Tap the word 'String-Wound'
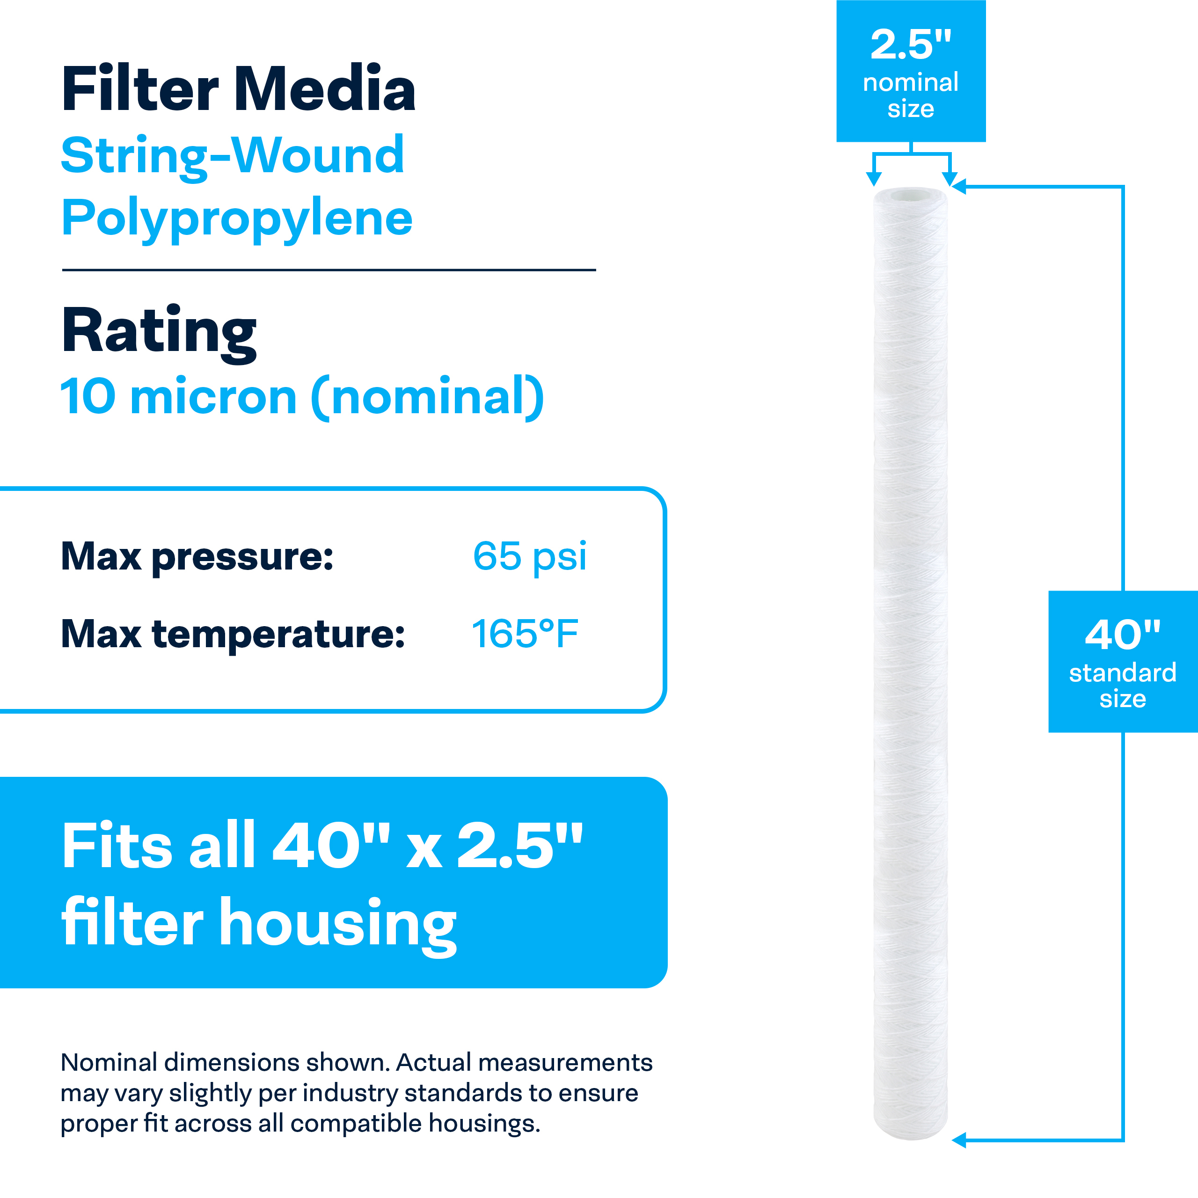click(233, 157)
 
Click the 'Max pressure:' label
click(197, 557)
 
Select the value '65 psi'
click(530, 557)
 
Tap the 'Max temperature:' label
click(233, 635)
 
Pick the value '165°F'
click(525, 634)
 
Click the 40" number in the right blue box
click(1122, 635)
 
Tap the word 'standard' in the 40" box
click(1122, 673)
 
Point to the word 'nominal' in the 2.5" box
click(910, 82)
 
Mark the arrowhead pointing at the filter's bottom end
click(959, 1140)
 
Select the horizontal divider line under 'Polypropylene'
click(329, 270)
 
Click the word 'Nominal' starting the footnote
click(109, 1063)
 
